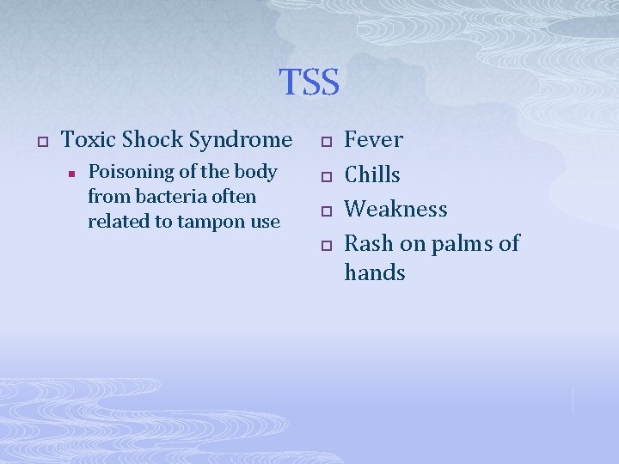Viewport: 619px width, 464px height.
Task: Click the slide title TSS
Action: (309, 82)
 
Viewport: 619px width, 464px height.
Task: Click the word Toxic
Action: (90, 139)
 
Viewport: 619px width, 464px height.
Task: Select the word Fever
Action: (373, 139)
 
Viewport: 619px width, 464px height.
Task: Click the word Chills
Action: (372, 174)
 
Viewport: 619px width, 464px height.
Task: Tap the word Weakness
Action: (395, 209)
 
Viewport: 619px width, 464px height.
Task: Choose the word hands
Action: (374, 273)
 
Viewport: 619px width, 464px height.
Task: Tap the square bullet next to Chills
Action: (325, 176)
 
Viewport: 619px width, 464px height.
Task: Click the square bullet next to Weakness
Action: (325, 211)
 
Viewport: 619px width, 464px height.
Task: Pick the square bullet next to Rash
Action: (325, 246)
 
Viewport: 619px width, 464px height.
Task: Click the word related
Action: (116, 222)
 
